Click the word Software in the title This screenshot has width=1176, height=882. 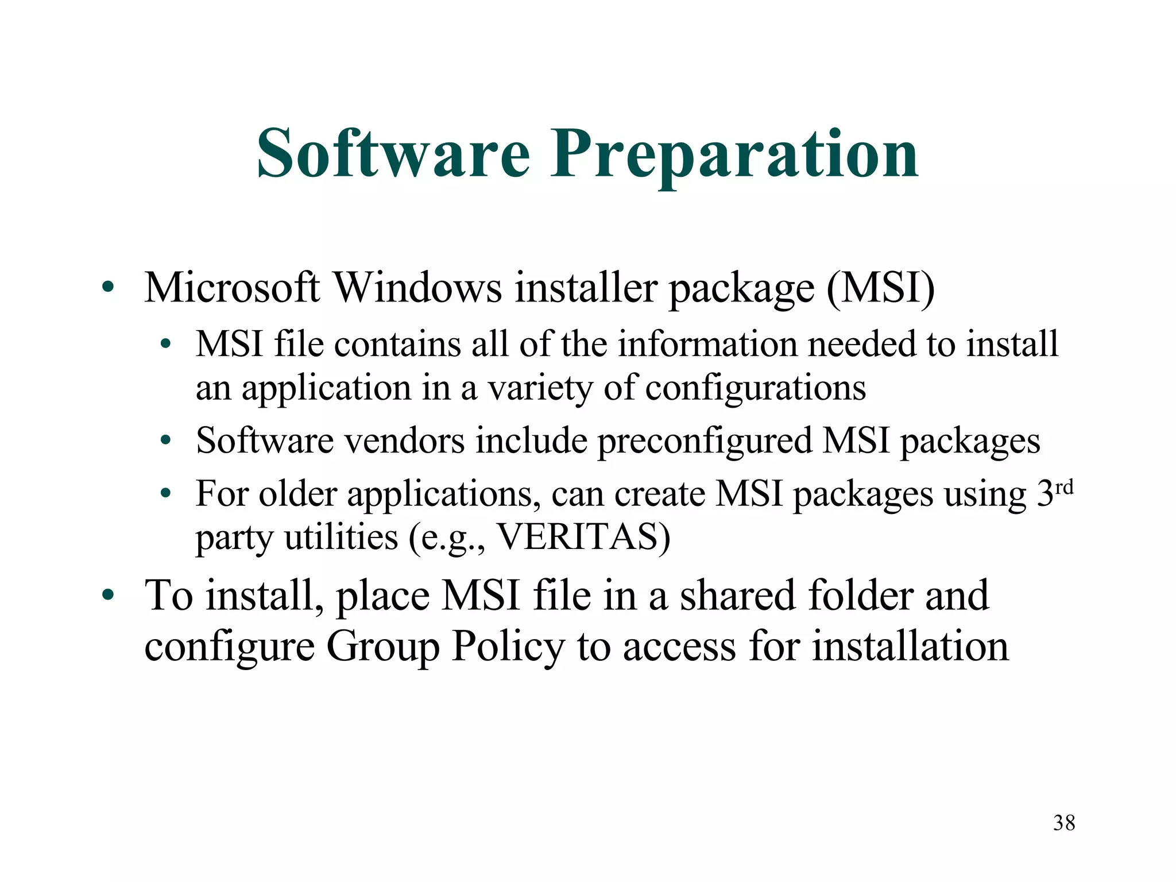(393, 153)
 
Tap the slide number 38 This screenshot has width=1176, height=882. (1064, 823)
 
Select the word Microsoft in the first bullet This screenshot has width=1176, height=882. (232, 287)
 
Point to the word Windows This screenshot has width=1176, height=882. (418, 287)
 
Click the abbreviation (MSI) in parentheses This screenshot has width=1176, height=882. (880, 287)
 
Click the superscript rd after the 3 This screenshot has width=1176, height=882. (1065, 488)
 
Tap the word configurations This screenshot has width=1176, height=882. (755, 389)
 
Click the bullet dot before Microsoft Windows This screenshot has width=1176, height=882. (107, 287)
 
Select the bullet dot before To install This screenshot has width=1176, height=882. (107, 595)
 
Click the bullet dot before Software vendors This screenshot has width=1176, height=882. (166, 441)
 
